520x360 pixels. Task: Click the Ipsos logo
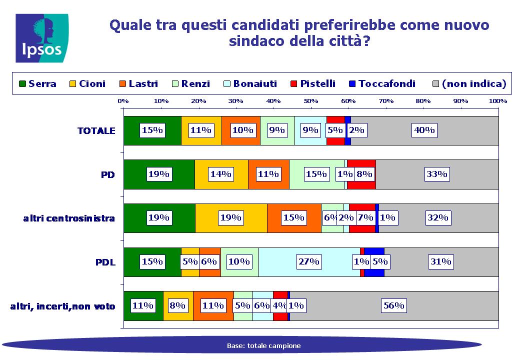tap(42, 38)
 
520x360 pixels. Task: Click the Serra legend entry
tap(37, 83)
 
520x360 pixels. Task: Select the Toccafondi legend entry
tap(382, 83)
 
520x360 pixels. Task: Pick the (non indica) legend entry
tap(469, 83)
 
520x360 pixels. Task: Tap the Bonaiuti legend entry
tap(250, 83)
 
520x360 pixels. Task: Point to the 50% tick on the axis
tap(310, 101)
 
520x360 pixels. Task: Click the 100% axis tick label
tap(498, 101)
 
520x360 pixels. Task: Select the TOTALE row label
tap(96, 130)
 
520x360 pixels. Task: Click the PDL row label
tap(105, 262)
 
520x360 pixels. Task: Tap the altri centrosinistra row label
tap(69, 218)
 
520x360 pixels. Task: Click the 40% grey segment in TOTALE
tap(424, 130)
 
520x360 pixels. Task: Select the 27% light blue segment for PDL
tap(309, 262)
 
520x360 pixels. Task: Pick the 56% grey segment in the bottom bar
tap(394, 306)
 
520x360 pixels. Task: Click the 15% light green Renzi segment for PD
tap(316, 174)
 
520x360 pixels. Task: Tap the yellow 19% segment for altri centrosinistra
tap(231, 218)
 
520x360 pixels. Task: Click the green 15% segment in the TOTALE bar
tap(152, 130)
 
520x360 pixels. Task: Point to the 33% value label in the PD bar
tap(437, 174)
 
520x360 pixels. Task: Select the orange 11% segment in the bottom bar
tap(213, 306)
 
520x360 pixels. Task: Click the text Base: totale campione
tap(263, 345)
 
